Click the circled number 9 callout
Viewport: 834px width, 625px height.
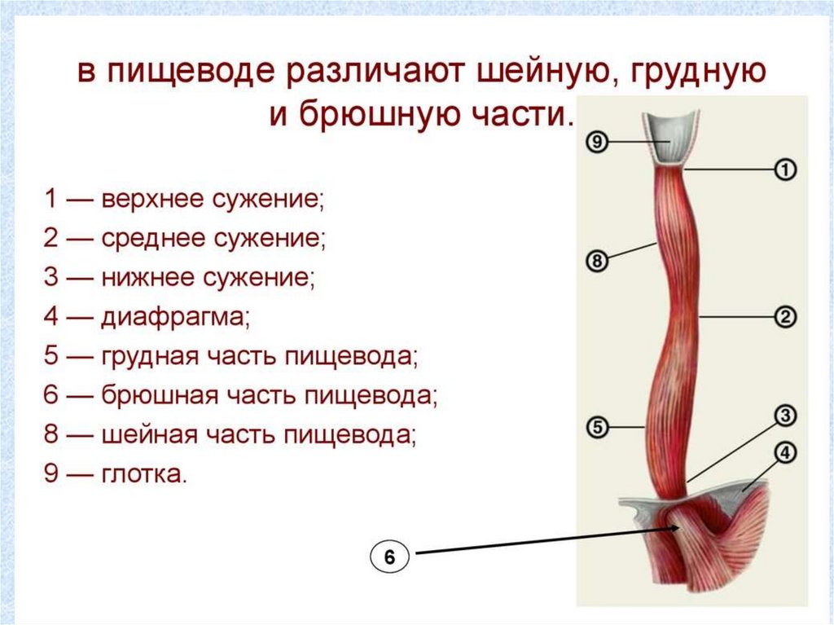pyautogui.click(x=597, y=143)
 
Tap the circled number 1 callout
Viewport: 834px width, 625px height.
pyautogui.click(x=784, y=169)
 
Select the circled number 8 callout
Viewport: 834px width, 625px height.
pyautogui.click(x=597, y=262)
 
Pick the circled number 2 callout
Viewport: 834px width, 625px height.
pyautogui.click(x=784, y=317)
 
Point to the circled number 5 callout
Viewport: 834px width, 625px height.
pyautogui.click(x=597, y=426)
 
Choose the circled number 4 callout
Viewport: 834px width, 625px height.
pyautogui.click(x=784, y=453)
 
